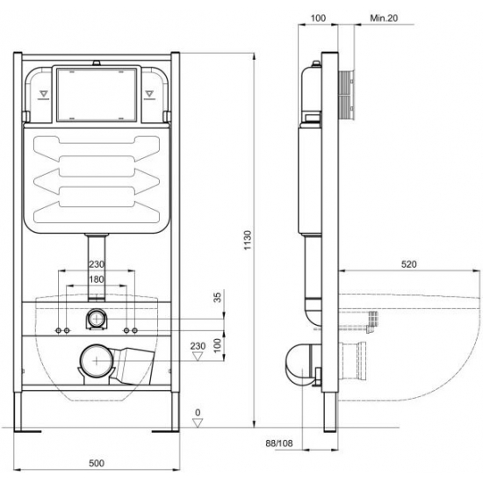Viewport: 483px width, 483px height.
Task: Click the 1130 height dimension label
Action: pos(248,240)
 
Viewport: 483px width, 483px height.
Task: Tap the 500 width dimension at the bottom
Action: pos(97,463)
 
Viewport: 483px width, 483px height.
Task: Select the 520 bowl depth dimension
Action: pos(408,264)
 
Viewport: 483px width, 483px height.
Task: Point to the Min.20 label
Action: pos(384,18)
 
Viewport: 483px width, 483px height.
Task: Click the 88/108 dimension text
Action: pos(279,443)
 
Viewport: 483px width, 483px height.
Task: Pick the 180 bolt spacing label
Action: pos(97,279)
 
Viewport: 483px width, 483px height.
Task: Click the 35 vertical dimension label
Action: pos(218,297)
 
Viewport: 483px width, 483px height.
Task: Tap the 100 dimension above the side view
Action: pos(318,18)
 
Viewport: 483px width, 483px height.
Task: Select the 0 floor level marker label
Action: pos(198,412)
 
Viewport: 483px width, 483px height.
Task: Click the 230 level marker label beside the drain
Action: pos(198,346)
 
